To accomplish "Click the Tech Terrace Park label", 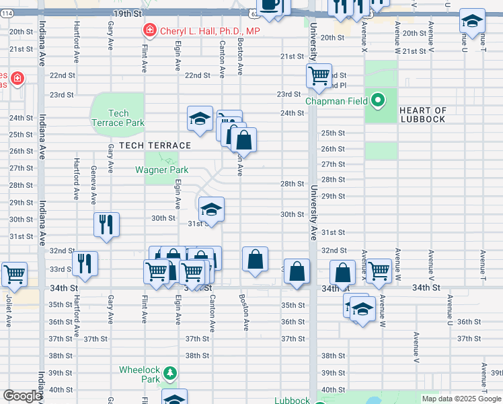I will (118, 119).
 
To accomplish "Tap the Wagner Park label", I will (161, 170).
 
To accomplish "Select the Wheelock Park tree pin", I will (171, 372).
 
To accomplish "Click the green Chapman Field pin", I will (379, 102).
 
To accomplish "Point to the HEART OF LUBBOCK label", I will (422, 114).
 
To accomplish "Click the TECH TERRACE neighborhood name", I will (155, 145).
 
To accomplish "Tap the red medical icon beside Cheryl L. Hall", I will (148, 30).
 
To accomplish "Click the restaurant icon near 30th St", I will (106, 224).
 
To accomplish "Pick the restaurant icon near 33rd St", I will (85, 263).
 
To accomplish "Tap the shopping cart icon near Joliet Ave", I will (14, 274).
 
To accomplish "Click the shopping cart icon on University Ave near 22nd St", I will (319, 75).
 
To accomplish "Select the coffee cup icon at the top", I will (270, 5).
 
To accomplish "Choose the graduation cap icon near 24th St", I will (200, 119).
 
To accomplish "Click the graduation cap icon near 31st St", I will (211, 209).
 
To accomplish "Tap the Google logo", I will (22, 396).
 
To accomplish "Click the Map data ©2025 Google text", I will (461, 399).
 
